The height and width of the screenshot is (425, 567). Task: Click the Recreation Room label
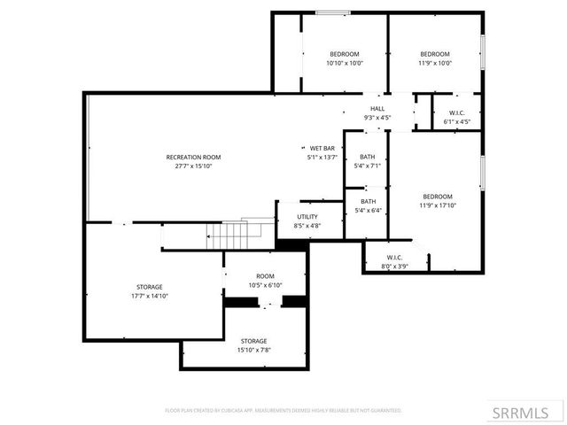[189, 157]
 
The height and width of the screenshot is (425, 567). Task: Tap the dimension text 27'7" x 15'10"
[189, 166]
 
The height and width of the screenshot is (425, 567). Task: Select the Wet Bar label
[321, 148]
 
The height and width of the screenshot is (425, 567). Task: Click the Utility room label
[307, 216]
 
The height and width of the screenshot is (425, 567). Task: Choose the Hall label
[377, 109]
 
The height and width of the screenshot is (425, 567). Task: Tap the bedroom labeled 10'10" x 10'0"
[345, 58]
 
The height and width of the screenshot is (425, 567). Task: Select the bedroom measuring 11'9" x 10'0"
[434, 58]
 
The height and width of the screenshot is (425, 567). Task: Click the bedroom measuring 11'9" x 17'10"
[437, 201]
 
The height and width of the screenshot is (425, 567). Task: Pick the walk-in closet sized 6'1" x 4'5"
[457, 117]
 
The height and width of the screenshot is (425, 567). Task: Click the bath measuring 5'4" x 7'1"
[367, 161]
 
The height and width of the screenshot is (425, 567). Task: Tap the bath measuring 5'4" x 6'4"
[367, 206]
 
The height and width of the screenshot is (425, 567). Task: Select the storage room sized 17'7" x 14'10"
[149, 291]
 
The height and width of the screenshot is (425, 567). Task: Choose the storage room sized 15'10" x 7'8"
[253, 345]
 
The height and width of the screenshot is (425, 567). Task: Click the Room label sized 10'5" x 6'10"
[265, 281]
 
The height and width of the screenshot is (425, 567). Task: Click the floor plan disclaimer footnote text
[283, 411]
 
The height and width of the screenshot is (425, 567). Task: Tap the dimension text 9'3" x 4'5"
[377, 118]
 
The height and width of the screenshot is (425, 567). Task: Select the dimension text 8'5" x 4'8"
[307, 226]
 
